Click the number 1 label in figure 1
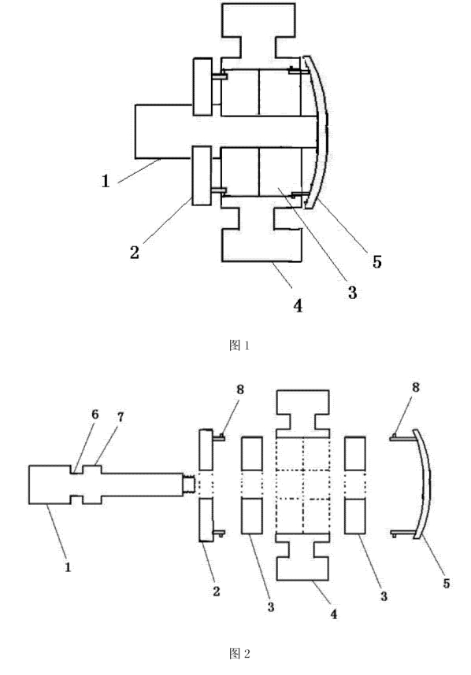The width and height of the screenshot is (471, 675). click(x=106, y=181)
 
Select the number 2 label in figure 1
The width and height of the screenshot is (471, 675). click(x=135, y=253)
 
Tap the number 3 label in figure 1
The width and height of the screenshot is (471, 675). click(x=353, y=293)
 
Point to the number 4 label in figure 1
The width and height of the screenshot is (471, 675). click(x=298, y=306)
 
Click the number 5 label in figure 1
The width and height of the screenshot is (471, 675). click(x=377, y=261)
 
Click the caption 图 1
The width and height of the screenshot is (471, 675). click(x=239, y=345)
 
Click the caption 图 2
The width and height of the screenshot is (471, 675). click(x=239, y=654)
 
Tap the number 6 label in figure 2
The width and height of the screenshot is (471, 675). click(x=95, y=415)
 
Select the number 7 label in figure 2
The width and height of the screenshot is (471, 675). click(x=121, y=417)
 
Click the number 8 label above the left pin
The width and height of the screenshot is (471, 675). click(x=240, y=389)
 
